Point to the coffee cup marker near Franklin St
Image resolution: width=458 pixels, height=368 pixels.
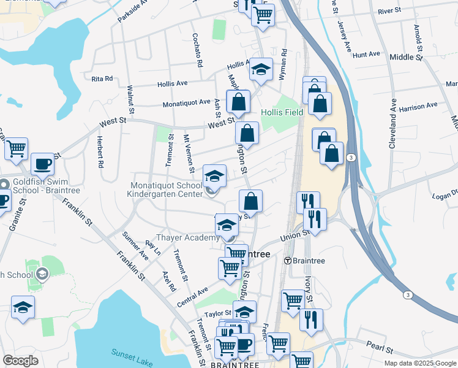pos(42,164)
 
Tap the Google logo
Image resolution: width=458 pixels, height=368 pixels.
pos(20,361)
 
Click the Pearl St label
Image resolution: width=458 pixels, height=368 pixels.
pos(380,348)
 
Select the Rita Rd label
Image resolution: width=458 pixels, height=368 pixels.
pos(102,79)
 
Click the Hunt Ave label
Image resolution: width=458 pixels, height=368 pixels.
pos(367,55)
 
